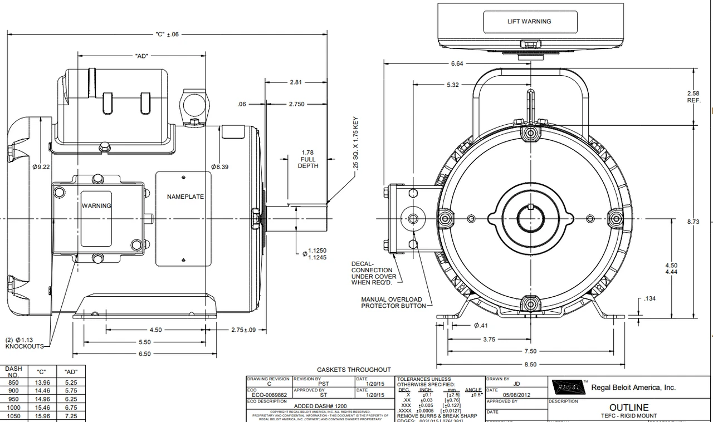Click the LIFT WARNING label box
529,22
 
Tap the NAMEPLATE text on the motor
185,197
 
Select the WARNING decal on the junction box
96,206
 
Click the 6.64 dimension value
457,63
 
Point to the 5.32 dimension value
453,85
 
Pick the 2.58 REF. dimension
694,96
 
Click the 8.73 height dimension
694,222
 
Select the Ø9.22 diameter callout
41,166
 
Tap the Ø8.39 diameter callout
219,166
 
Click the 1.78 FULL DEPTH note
307,159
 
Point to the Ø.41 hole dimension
480,325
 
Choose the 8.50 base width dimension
530,364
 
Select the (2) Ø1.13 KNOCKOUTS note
25,343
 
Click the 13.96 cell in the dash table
43,382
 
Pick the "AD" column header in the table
71,371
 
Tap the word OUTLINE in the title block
628,408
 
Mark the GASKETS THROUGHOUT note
354,369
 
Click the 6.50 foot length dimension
144,354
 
